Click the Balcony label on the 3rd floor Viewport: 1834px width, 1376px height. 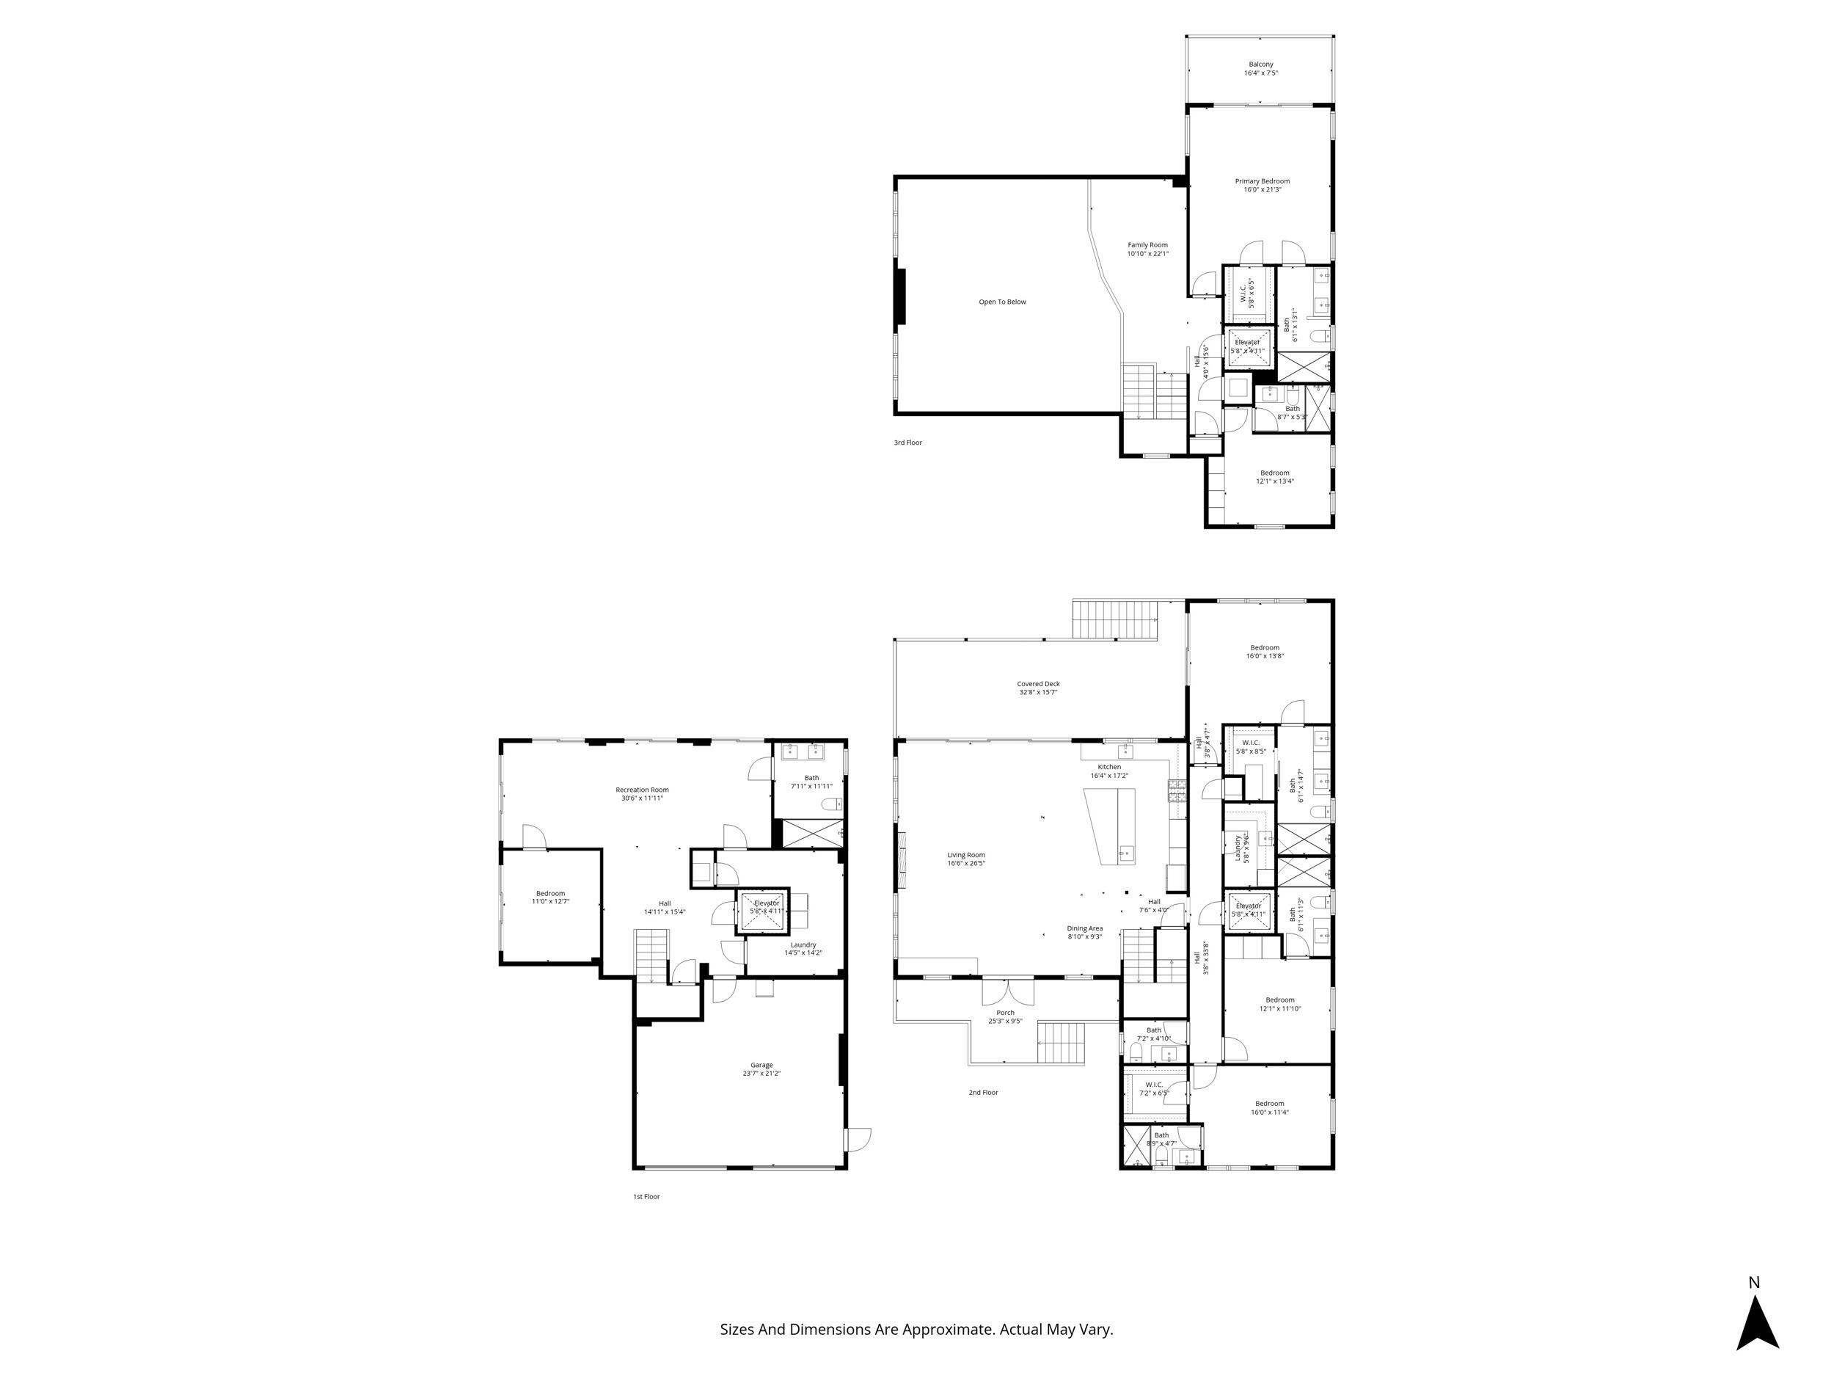click(x=1260, y=68)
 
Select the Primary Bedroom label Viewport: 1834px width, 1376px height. click(x=1262, y=185)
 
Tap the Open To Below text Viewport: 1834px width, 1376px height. click(x=1001, y=302)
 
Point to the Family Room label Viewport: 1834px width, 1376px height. click(x=1147, y=249)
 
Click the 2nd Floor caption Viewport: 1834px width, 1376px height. click(x=983, y=1092)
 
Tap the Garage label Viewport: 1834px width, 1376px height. click(x=761, y=1069)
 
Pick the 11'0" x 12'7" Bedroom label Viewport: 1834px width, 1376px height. click(x=549, y=898)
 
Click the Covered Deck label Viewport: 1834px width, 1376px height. click(x=1038, y=688)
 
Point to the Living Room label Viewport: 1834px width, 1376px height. click(x=966, y=859)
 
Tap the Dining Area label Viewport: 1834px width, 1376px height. click(x=1084, y=932)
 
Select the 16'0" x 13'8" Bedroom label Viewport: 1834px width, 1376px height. click(x=1265, y=651)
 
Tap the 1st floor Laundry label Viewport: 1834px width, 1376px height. click(x=803, y=948)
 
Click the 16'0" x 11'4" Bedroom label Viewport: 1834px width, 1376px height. click(x=1269, y=1108)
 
